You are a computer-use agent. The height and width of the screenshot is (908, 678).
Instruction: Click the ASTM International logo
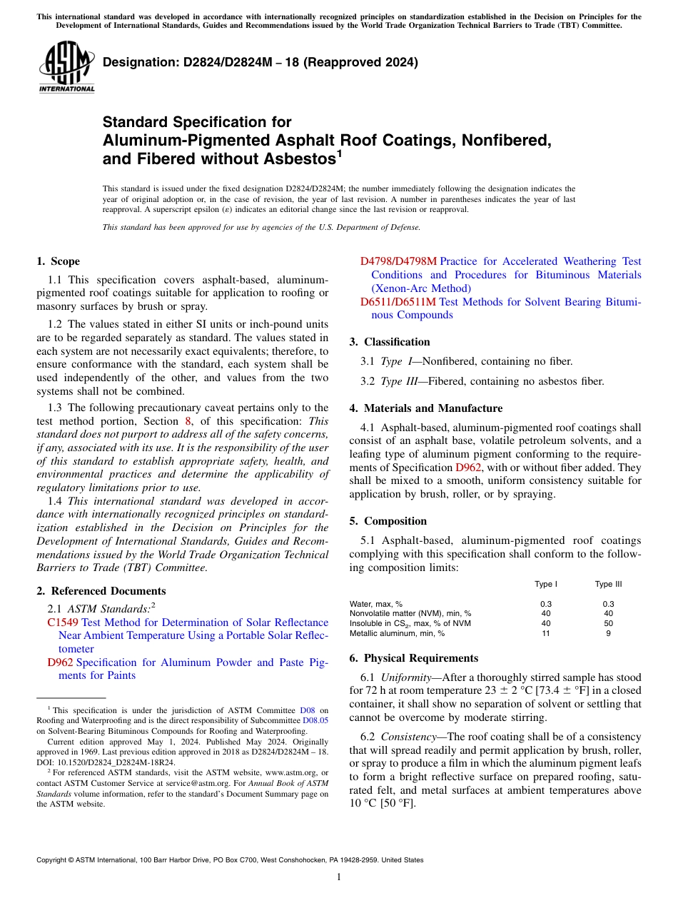(x=66, y=68)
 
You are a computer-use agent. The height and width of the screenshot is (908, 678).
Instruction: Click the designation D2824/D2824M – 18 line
(x=260, y=62)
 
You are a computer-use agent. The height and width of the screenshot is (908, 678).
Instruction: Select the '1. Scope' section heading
(x=59, y=261)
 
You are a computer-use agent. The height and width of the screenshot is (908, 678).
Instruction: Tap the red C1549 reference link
(x=62, y=622)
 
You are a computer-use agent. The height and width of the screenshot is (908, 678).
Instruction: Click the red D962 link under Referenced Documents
(x=60, y=662)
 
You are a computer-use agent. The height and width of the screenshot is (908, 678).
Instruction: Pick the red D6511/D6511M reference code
(x=398, y=302)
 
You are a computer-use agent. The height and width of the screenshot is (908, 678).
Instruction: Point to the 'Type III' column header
(x=608, y=584)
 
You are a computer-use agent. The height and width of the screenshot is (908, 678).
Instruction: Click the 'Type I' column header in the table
(x=546, y=584)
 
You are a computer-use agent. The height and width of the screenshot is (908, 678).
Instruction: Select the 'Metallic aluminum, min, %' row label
(x=397, y=633)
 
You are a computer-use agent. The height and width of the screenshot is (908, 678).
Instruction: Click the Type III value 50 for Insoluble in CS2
(x=608, y=623)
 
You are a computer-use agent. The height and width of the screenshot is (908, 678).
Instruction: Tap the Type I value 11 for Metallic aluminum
(x=546, y=633)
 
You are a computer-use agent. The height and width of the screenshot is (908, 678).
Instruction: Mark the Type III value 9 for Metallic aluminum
(x=608, y=633)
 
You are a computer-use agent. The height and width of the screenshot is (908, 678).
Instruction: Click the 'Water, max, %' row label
(x=376, y=604)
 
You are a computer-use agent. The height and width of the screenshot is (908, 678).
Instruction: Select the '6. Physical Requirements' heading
(x=414, y=658)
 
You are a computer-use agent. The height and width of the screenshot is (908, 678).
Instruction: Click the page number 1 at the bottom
(x=339, y=877)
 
